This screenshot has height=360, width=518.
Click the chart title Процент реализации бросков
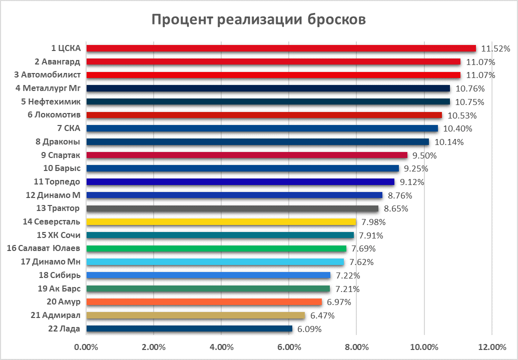point(259,19)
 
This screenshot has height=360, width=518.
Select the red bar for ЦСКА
point(281,48)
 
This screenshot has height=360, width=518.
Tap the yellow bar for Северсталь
point(221,221)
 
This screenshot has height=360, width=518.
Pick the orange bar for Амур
point(204,302)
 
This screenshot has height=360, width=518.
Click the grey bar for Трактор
point(232,208)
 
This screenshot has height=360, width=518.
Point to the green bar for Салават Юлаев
point(216,248)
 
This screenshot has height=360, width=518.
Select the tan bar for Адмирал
point(196,315)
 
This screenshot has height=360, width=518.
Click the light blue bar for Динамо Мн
point(215,262)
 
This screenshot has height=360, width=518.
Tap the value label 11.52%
point(495,48)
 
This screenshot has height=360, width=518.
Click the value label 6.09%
point(310,329)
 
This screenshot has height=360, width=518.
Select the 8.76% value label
point(400,195)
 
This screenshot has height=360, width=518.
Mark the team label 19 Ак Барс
point(60,289)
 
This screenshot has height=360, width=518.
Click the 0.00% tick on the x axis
point(86,347)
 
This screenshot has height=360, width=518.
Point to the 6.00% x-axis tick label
point(289,347)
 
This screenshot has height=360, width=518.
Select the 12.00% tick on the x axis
point(491,347)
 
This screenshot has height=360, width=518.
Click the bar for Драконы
point(258,141)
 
